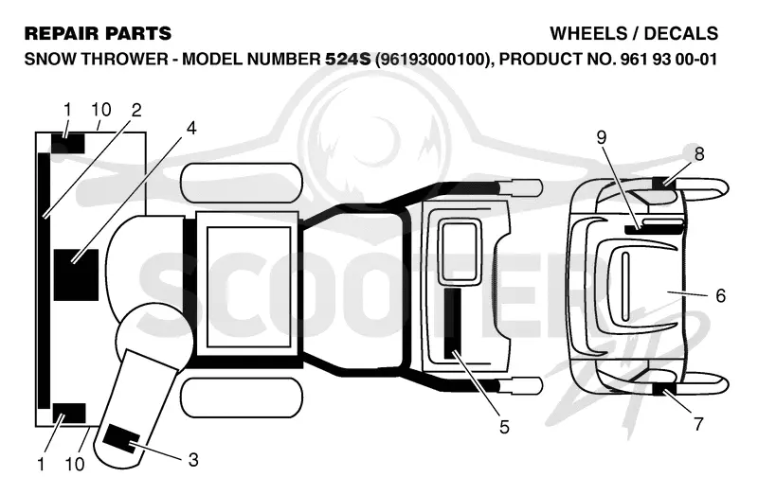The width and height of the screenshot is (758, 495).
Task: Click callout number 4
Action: click(191, 129)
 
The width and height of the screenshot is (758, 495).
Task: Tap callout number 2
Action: click(136, 110)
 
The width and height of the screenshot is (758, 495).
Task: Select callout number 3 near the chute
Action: click(193, 460)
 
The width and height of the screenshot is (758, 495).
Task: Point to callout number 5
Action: click(504, 427)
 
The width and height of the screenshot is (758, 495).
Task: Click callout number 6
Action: click(720, 295)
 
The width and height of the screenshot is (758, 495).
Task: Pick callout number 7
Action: click(698, 424)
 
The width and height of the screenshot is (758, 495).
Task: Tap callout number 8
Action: click(699, 154)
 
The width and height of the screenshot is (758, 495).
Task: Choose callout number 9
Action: click(601, 137)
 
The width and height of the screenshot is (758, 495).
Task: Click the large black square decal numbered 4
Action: click(76, 274)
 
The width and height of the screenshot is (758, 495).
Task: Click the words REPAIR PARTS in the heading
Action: click(98, 33)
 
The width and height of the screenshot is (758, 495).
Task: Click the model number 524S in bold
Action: click(348, 59)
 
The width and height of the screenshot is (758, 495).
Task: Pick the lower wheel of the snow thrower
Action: click(242, 398)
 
